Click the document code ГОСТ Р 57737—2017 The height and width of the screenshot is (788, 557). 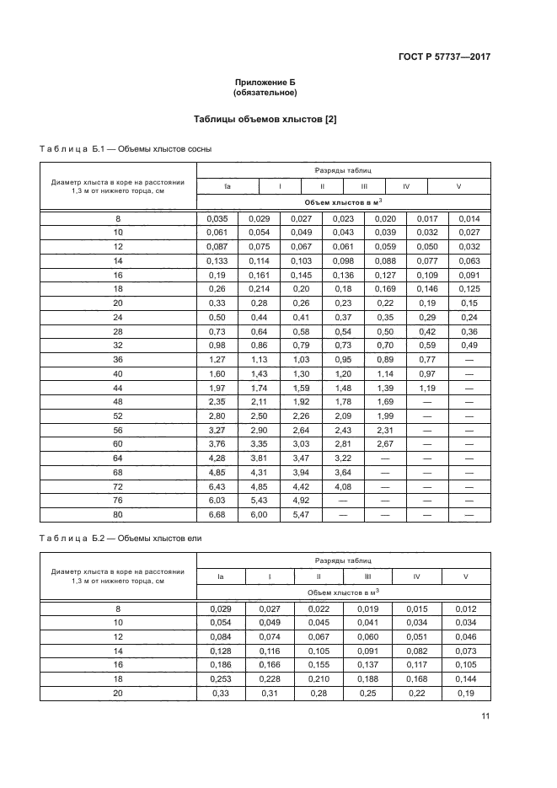click(x=443, y=57)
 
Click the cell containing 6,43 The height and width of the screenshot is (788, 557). click(x=217, y=488)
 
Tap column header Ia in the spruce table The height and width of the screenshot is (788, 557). click(x=221, y=576)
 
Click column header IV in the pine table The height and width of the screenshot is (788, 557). click(x=406, y=186)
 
